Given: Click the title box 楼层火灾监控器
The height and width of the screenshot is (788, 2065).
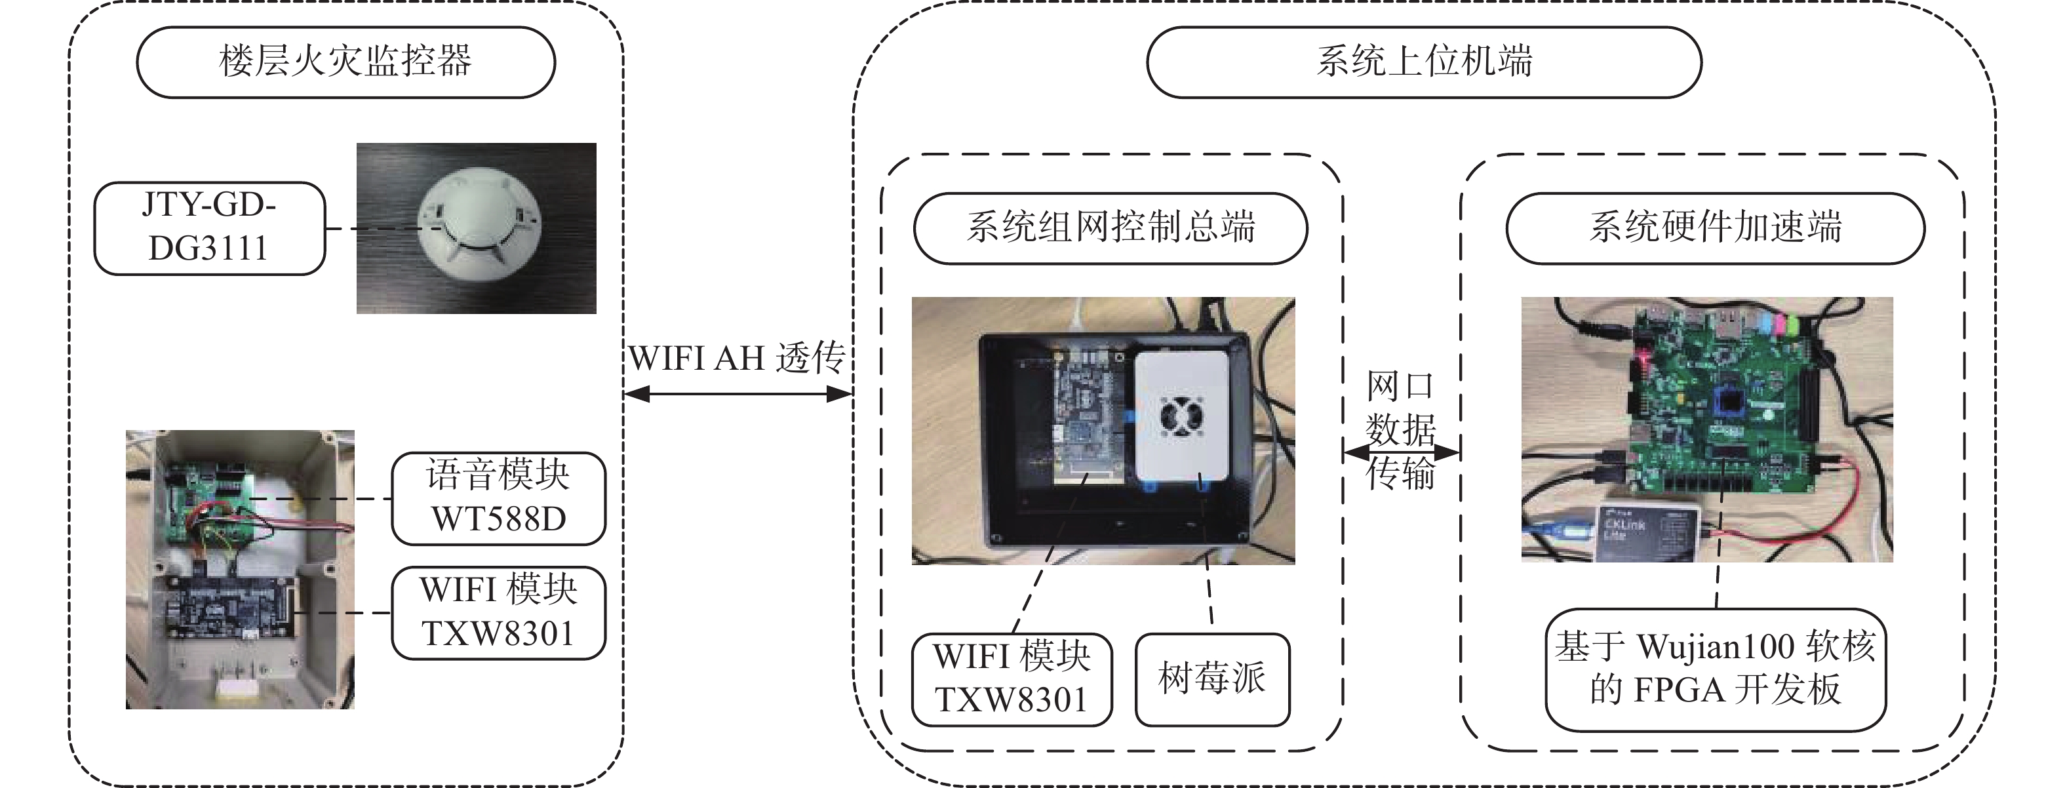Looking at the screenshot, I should (x=345, y=62).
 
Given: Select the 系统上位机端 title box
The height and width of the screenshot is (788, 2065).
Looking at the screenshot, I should (x=1424, y=62).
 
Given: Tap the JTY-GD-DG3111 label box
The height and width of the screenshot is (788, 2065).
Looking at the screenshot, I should (x=209, y=228).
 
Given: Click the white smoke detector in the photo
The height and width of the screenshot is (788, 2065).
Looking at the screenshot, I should (x=479, y=224).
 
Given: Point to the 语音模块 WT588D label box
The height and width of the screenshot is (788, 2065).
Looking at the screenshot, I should (x=498, y=498).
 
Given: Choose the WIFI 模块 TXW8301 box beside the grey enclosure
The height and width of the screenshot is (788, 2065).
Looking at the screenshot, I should (x=498, y=612).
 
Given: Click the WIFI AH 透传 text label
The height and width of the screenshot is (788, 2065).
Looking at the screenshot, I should (x=737, y=359).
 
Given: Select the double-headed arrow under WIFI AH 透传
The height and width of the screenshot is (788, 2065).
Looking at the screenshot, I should (x=737, y=393).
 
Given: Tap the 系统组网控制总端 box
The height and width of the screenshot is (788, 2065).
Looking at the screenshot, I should (x=1111, y=227).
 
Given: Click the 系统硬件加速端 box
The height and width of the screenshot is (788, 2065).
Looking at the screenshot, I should (x=1715, y=227).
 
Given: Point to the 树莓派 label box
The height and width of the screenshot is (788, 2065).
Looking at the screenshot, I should (x=1211, y=679).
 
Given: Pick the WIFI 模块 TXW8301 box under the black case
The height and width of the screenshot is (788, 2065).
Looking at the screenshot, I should (x=1012, y=679).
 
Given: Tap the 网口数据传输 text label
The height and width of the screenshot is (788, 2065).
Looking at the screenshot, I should (x=1400, y=431).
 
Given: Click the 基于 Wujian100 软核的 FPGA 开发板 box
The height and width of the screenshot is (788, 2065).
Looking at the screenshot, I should (x=1715, y=669).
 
